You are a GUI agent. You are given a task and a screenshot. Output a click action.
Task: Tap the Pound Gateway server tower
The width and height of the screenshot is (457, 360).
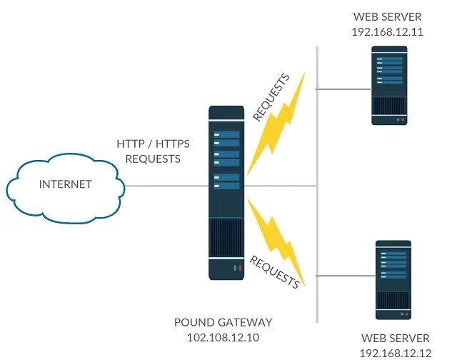coord(226,193)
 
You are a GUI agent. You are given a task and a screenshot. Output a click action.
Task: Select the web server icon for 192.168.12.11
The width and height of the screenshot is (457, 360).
coord(389,86)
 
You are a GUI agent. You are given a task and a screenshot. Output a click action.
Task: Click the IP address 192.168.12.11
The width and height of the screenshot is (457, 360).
coord(388,32)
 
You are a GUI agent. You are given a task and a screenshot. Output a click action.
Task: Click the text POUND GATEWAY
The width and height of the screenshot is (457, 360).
coord(223,323)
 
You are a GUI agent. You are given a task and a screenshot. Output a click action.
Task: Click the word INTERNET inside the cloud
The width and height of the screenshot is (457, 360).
coord(66,184)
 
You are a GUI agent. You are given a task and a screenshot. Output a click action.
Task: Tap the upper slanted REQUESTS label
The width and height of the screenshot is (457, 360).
coord(271,96)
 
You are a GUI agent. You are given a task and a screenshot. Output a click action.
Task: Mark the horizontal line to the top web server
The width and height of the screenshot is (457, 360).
coord(343,89)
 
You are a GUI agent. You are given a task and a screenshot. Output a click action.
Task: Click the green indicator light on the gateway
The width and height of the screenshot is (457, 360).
coord(234,269)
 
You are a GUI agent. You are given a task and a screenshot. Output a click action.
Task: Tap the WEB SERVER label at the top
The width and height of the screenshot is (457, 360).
coord(388,17)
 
